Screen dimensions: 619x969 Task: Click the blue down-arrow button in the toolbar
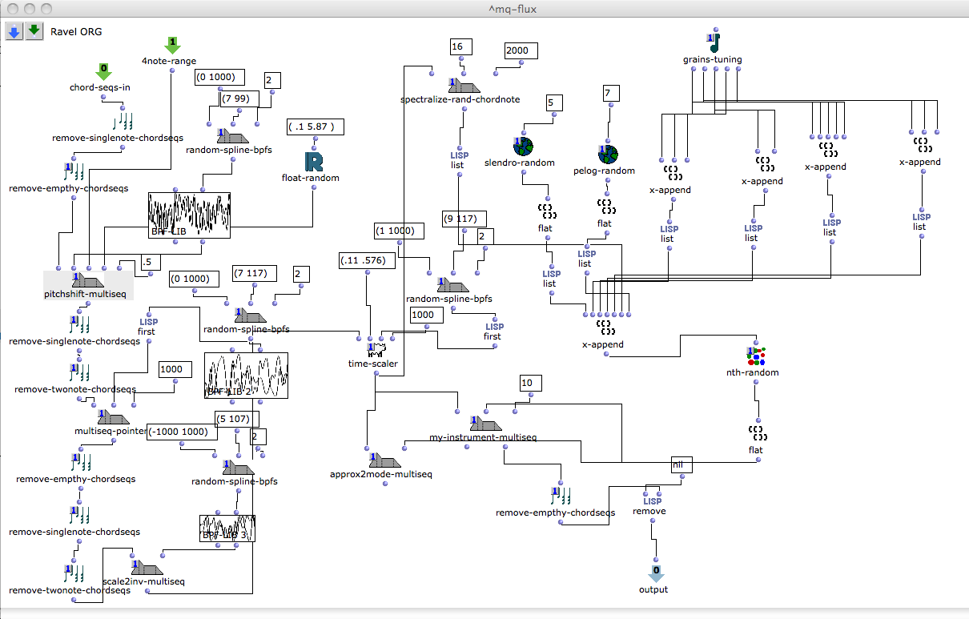(x=14, y=31)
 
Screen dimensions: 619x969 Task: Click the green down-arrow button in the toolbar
(x=34, y=31)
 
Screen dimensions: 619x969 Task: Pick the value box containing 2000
(x=521, y=50)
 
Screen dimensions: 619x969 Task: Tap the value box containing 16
(x=457, y=46)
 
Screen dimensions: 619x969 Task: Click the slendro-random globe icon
(x=522, y=147)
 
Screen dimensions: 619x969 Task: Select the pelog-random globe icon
(x=608, y=154)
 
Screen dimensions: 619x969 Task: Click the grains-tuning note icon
(x=713, y=42)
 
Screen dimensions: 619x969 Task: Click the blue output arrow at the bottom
(x=656, y=573)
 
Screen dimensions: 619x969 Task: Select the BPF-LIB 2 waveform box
(x=246, y=375)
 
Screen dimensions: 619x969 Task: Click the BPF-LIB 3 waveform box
(x=227, y=529)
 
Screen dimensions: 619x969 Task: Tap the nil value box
(x=682, y=464)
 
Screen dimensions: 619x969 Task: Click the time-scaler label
(x=374, y=363)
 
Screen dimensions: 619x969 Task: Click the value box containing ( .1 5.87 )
(x=316, y=127)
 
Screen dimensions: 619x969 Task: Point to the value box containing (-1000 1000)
(x=182, y=431)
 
